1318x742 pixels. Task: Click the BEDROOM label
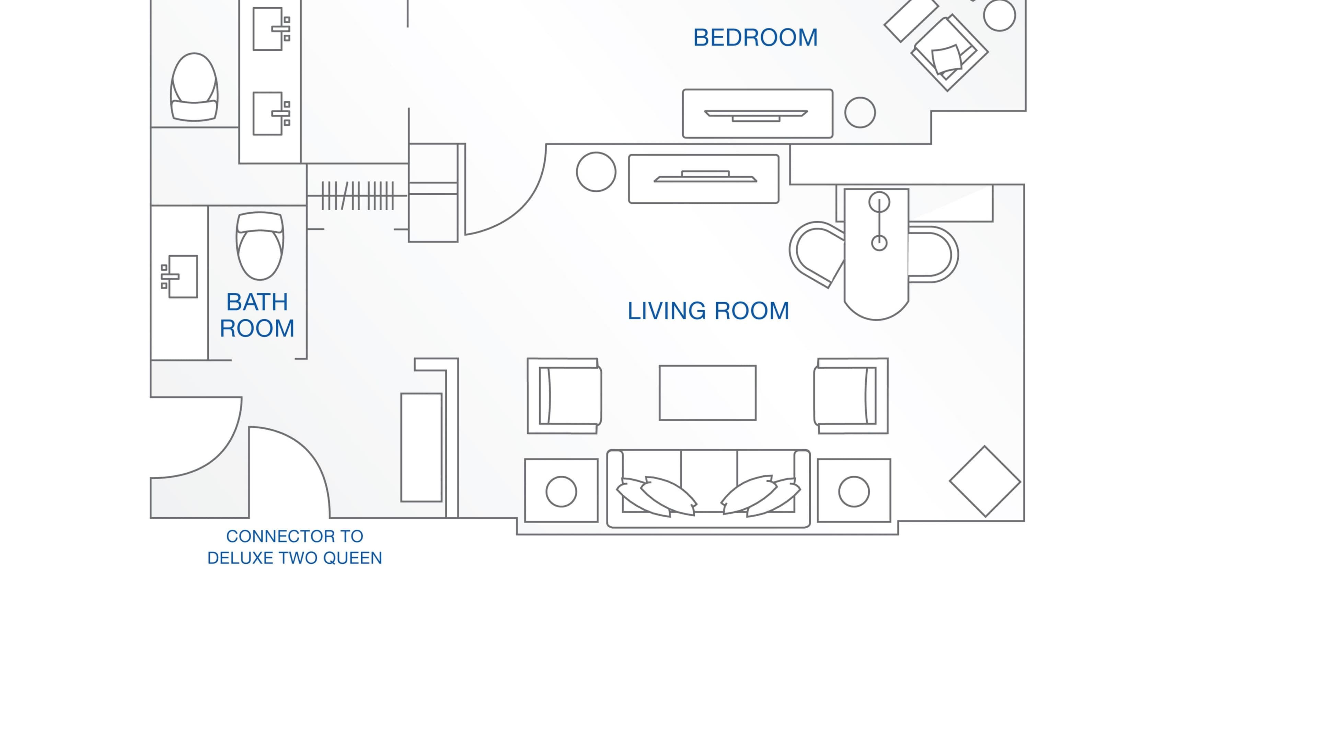click(x=755, y=38)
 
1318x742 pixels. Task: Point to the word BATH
click(x=257, y=302)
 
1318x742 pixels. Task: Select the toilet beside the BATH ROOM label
click(x=259, y=246)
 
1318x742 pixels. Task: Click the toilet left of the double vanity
click(x=194, y=87)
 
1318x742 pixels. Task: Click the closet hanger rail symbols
click(x=357, y=195)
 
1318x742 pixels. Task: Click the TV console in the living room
click(x=704, y=179)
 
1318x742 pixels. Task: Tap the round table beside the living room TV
click(x=596, y=172)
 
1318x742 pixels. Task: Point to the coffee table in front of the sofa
click(x=708, y=393)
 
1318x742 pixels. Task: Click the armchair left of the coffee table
click(x=564, y=396)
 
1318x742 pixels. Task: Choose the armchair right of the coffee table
click(x=851, y=396)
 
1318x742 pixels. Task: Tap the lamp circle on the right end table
click(x=854, y=492)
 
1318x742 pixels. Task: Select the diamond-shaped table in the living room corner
click(x=985, y=481)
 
